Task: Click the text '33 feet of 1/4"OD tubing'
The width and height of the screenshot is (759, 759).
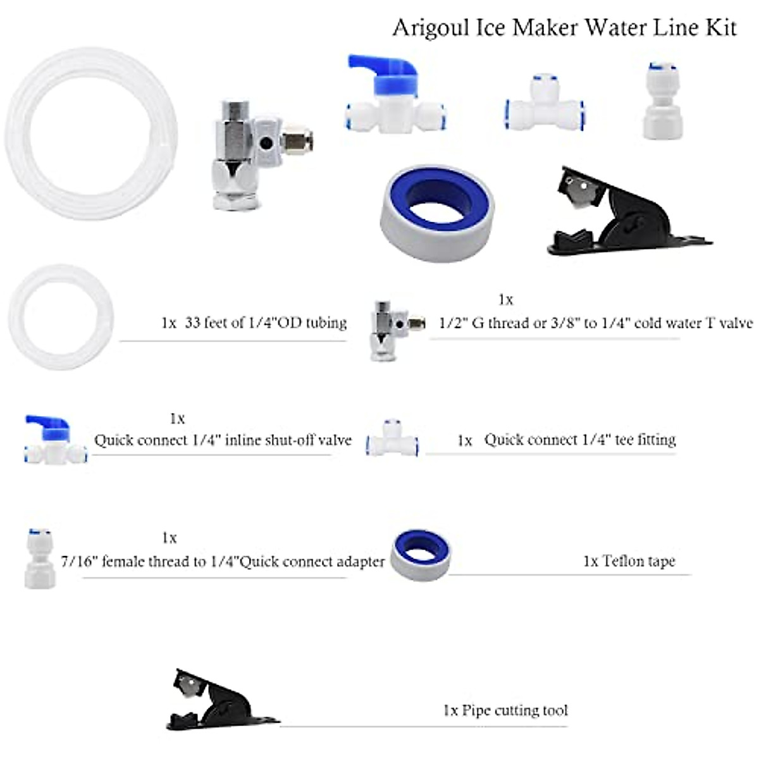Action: click(266, 323)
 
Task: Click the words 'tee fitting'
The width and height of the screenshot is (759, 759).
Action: click(645, 440)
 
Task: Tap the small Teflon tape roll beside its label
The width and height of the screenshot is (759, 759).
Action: click(419, 554)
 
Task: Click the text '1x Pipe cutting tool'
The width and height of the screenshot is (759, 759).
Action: click(505, 710)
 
